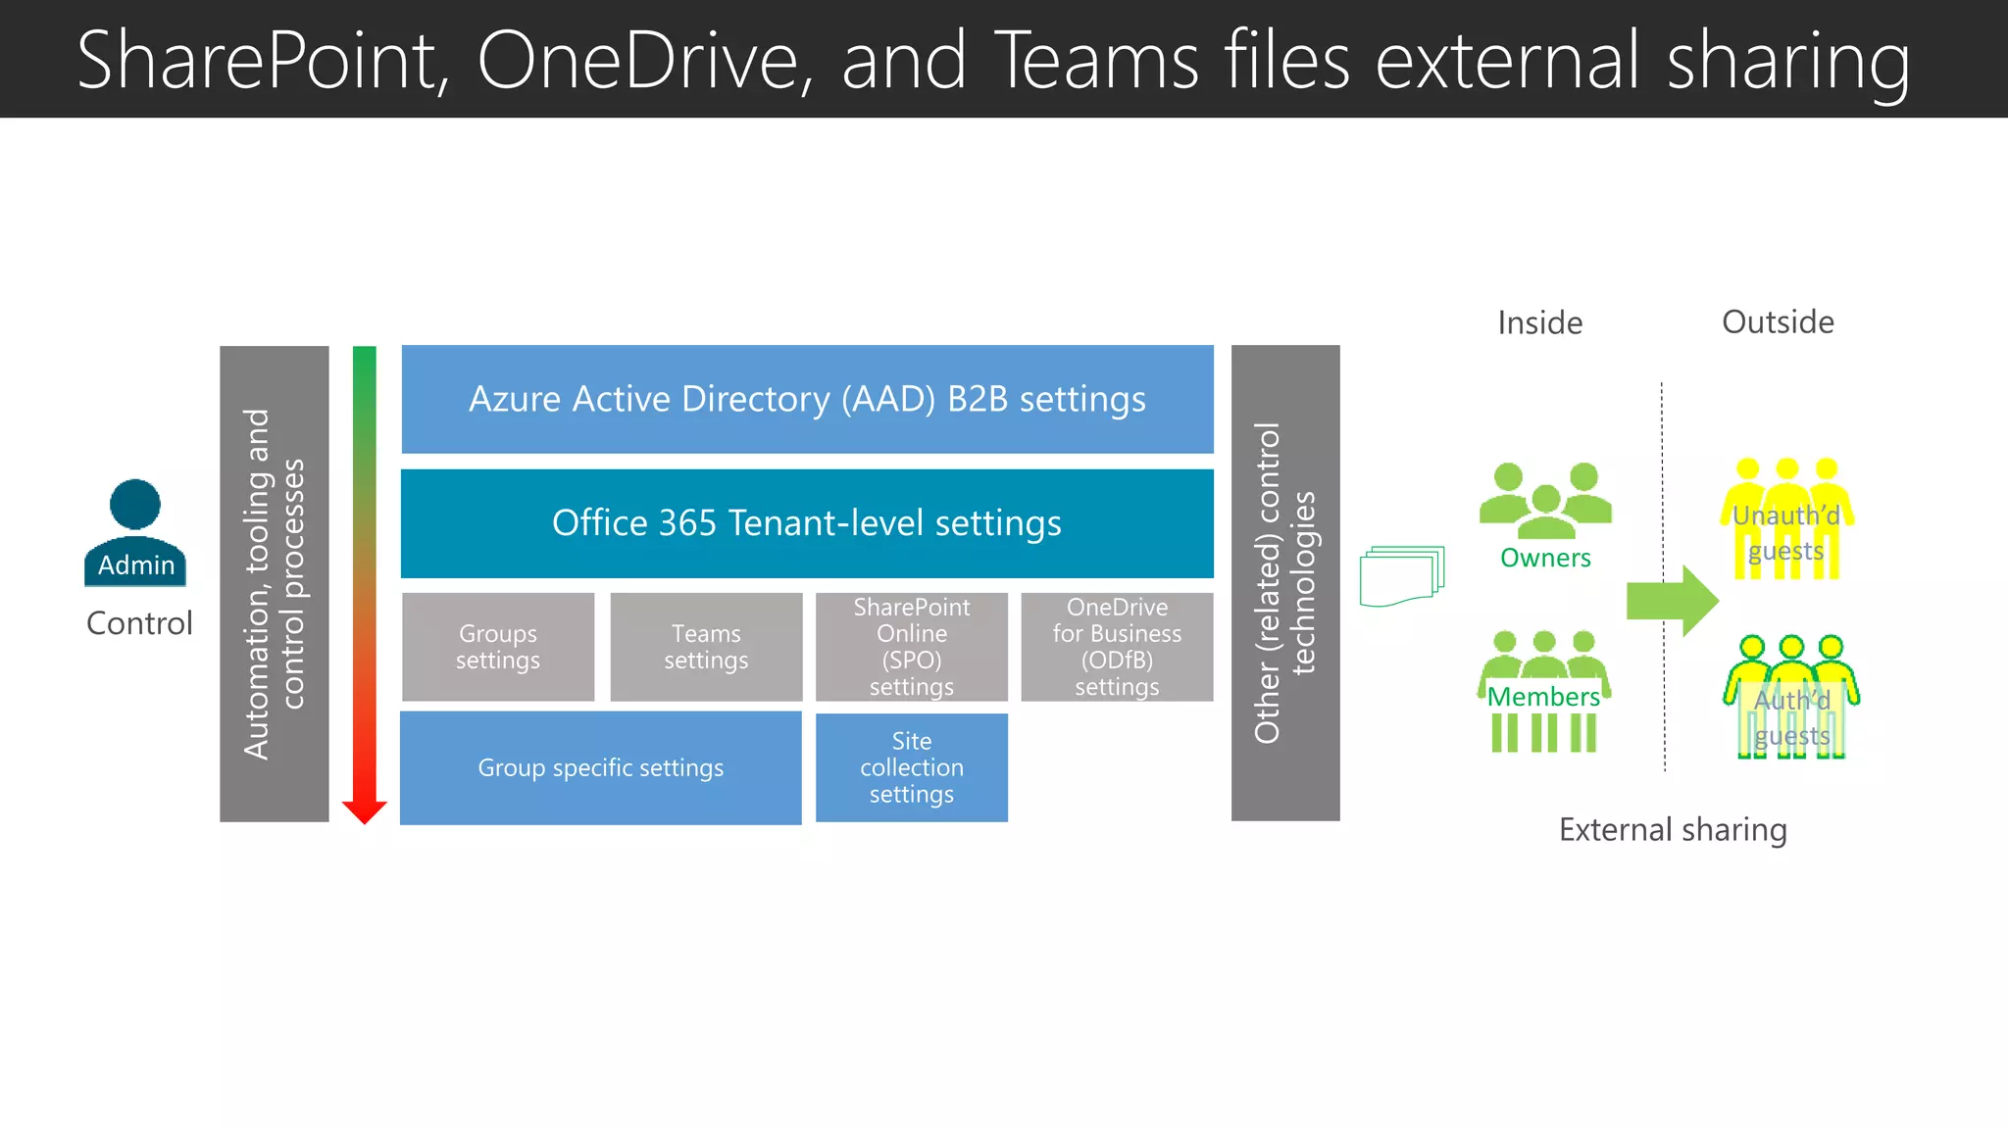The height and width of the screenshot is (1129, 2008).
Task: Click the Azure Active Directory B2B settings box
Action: point(807,399)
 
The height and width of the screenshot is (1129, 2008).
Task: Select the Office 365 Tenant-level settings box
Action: point(807,523)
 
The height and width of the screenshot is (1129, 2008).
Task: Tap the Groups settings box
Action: point(498,647)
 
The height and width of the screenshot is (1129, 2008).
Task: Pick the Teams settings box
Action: point(706,647)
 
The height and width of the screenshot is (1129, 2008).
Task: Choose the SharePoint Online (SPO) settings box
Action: point(912,647)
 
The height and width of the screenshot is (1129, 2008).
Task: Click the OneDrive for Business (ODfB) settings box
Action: point(1117,647)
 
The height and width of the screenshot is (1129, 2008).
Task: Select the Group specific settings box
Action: point(600,767)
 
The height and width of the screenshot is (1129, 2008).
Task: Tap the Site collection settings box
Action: point(912,767)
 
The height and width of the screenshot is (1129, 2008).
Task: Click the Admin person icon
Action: point(135,529)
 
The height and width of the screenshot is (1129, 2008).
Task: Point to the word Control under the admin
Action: point(139,623)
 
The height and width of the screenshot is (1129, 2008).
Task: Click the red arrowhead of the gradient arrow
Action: point(365,810)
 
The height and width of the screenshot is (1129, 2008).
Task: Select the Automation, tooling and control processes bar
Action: point(275,583)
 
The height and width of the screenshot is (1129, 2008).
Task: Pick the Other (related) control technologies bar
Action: point(1285,583)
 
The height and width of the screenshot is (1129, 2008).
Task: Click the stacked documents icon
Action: point(1401,576)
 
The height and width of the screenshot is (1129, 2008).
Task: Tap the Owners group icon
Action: point(1545,500)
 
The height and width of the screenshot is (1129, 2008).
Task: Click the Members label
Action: point(1543,697)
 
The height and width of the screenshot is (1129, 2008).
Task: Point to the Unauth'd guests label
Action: point(1785,532)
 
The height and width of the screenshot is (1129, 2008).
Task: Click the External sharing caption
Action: point(1673,830)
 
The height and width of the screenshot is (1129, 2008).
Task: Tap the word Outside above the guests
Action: point(1778,322)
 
